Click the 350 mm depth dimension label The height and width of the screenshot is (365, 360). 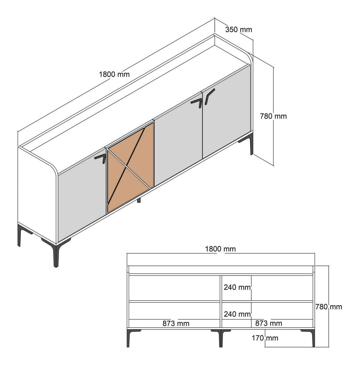(239, 30)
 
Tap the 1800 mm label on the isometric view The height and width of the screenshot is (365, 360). (114, 75)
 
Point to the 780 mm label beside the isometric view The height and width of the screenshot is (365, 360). (273, 116)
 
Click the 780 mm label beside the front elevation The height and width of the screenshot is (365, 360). (329, 307)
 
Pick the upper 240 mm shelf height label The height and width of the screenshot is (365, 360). (237, 287)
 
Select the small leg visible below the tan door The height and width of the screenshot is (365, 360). (139, 200)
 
